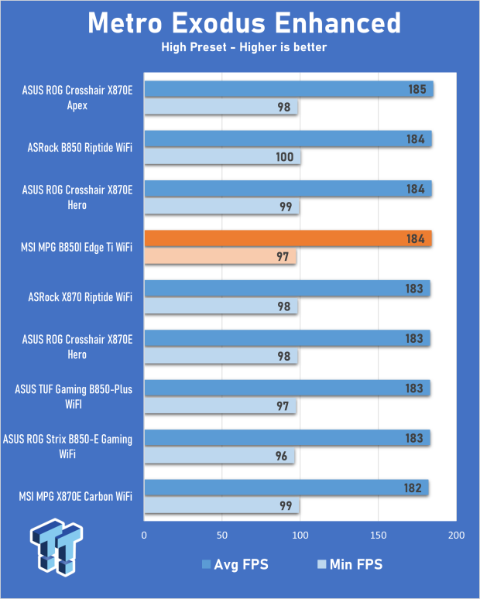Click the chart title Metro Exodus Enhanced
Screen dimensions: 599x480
pyautogui.click(x=244, y=22)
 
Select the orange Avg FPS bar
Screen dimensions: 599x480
pyautogui.click(x=287, y=238)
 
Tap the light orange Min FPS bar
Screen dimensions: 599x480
pyautogui.click(x=220, y=256)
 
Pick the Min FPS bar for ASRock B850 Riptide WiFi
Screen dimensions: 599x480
pyautogui.click(x=222, y=157)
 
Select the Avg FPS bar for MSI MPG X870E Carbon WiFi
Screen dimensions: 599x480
pyautogui.click(x=286, y=488)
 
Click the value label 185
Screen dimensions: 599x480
pyautogui.click(x=417, y=89)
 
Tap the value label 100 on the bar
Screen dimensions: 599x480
pyautogui.click(x=284, y=157)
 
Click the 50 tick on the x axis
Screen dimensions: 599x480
pyautogui.click(x=222, y=536)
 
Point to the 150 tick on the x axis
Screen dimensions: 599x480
pyautogui.click(x=378, y=536)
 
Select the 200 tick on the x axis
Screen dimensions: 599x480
pyautogui.click(x=456, y=536)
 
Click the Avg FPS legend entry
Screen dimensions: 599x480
pyautogui.click(x=235, y=564)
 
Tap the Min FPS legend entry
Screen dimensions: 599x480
pyautogui.click(x=351, y=564)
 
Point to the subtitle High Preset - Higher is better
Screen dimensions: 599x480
pyautogui.click(x=244, y=48)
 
